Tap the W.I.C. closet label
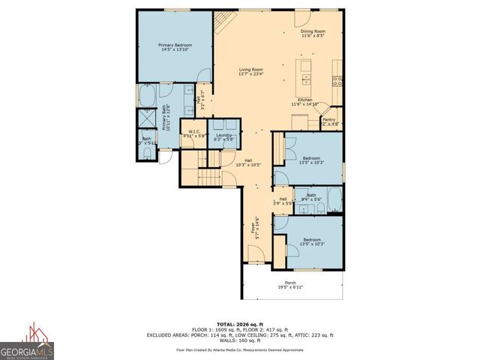click(x=193, y=134)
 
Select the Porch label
click(x=290, y=285)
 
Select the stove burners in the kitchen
click(x=338, y=78)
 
